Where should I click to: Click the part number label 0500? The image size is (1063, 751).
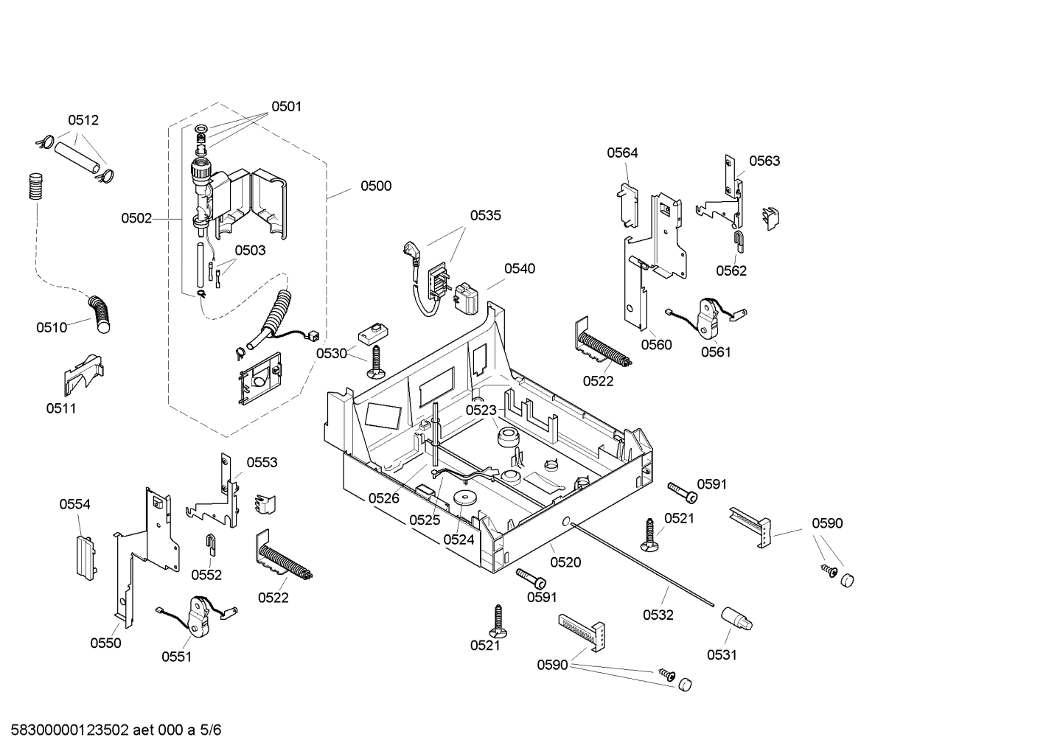pyautogui.click(x=375, y=186)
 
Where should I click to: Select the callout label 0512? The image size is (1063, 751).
pyautogui.click(x=83, y=120)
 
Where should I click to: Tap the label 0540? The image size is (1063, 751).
pyautogui.click(x=520, y=268)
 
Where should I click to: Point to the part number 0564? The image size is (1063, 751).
pyautogui.click(x=622, y=153)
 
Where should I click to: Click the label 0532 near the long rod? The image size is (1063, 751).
pyautogui.click(x=658, y=615)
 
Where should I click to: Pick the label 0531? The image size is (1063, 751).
pyautogui.click(x=721, y=654)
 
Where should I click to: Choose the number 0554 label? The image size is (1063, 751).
pyautogui.click(x=74, y=504)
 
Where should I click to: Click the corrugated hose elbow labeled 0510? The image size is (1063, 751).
pyautogui.click(x=97, y=312)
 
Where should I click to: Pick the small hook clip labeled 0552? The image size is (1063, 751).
pyautogui.click(x=210, y=545)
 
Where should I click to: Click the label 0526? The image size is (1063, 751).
pyautogui.click(x=383, y=498)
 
